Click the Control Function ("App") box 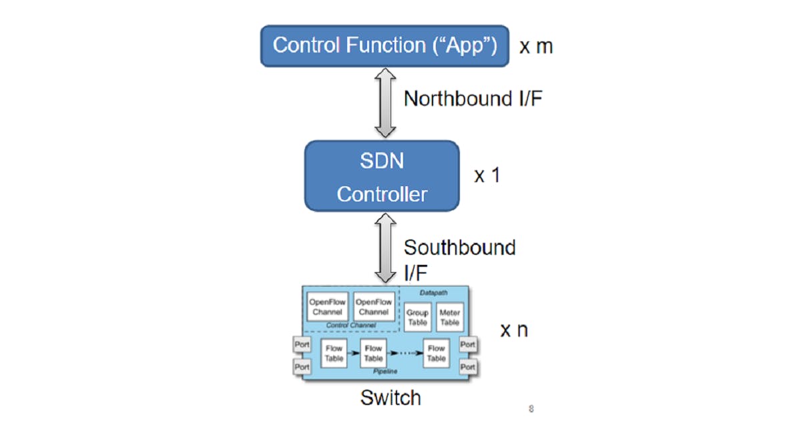click(x=384, y=46)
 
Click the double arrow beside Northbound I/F click(x=385, y=103)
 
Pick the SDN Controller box click(x=382, y=176)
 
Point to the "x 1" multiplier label click(x=487, y=176)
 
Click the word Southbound click(x=459, y=248)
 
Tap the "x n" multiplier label click(x=514, y=330)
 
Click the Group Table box click(x=417, y=317)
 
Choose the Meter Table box click(x=450, y=317)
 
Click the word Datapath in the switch click(x=435, y=292)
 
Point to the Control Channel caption click(x=351, y=325)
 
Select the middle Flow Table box click(x=373, y=353)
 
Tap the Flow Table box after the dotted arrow click(x=436, y=353)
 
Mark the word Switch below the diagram click(x=390, y=398)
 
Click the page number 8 click(x=531, y=409)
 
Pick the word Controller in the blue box click(x=382, y=194)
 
